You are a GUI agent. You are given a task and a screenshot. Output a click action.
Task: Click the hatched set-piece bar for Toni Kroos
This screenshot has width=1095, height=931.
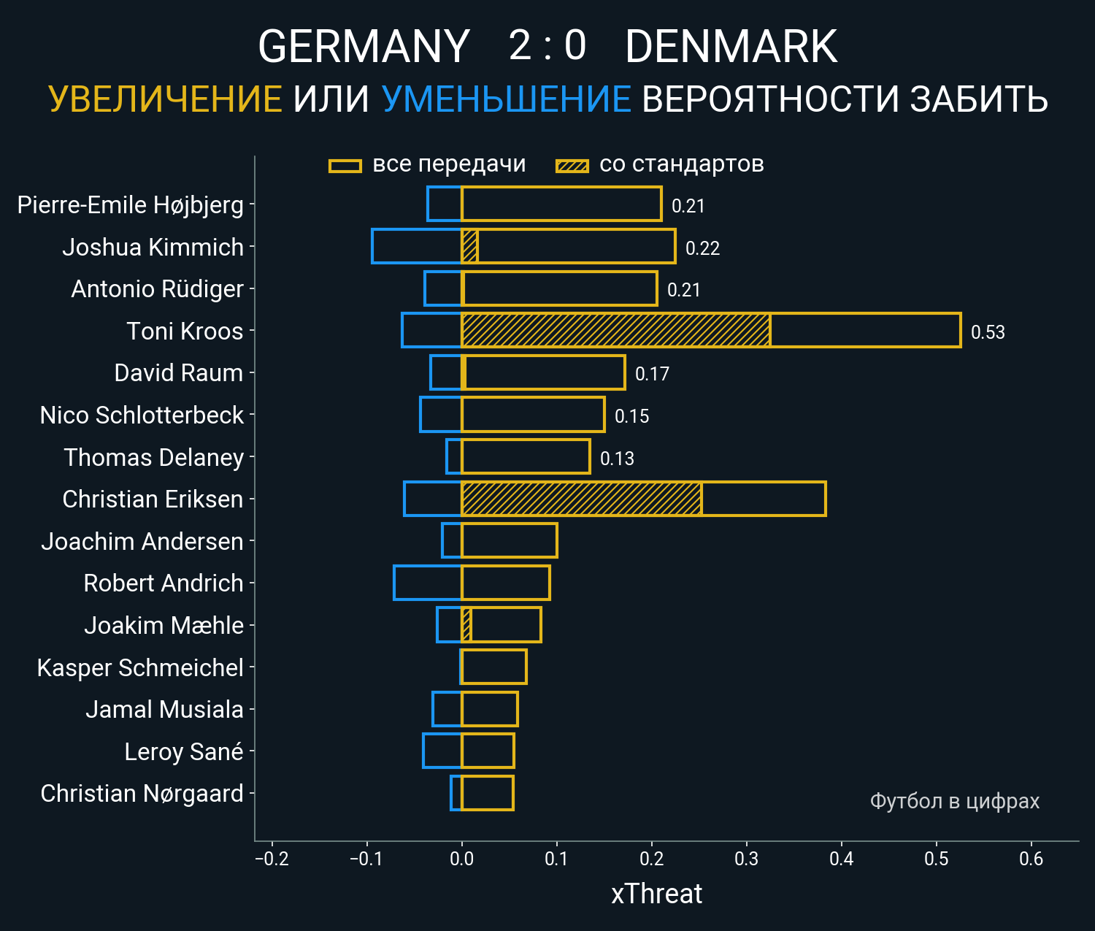tap(615, 331)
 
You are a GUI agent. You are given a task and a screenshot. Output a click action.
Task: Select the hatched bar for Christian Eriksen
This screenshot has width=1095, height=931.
tap(581, 499)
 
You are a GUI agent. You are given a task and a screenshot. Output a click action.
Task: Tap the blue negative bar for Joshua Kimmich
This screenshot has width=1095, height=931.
tap(416, 246)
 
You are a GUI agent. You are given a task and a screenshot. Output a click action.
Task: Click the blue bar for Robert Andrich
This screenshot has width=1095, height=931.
tap(427, 583)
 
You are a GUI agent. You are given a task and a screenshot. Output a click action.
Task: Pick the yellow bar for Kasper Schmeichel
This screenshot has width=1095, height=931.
tap(493, 667)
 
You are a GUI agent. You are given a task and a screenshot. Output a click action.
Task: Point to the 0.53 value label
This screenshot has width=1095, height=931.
tap(988, 332)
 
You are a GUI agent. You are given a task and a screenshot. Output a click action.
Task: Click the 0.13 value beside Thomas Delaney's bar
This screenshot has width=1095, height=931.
tap(617, 459)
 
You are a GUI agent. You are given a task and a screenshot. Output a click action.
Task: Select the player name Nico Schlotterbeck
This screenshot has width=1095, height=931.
tap(142, 415)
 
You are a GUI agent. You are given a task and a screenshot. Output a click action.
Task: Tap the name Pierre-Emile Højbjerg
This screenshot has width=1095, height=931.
tap(130, 204)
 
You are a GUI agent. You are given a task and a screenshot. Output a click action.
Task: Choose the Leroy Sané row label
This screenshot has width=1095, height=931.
tap(183, 751)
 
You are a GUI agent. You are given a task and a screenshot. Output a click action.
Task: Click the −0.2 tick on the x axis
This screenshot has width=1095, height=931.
tap(272, 859)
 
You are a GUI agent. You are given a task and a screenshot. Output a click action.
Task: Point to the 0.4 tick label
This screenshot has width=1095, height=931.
tap(841, 859)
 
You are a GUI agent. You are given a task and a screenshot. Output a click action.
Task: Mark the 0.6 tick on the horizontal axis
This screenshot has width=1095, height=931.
tap(1031, 859)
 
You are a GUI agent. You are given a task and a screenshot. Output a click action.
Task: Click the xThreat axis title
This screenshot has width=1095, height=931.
tap(656, 894)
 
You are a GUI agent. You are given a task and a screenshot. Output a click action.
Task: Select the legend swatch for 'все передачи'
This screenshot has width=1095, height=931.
tap(345, 166)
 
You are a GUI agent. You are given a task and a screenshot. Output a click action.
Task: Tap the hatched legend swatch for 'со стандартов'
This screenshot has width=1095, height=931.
tap(572, 166)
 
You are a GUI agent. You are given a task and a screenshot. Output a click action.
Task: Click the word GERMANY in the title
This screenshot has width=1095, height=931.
tap(364, 47)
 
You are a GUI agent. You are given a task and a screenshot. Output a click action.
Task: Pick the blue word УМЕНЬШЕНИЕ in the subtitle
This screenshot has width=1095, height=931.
tap(506, 99)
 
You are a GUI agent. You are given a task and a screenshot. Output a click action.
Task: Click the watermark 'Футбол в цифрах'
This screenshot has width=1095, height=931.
tap(954, 801)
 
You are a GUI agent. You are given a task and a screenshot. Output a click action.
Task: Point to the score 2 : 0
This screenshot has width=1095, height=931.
tap(547, 45)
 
